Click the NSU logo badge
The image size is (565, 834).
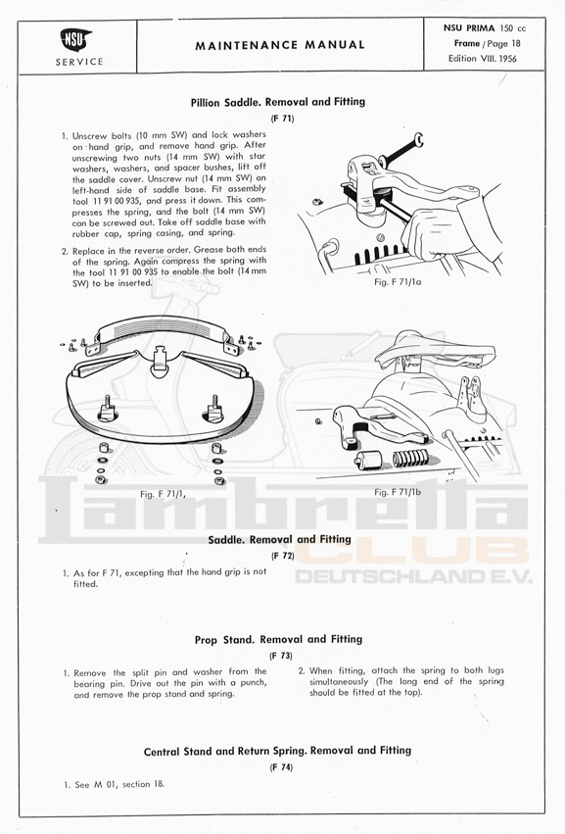point(75,40)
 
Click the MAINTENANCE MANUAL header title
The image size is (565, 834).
point(280,46)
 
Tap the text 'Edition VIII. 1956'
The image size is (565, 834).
point(482,59)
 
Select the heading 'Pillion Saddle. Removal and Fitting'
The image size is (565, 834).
point(278,102)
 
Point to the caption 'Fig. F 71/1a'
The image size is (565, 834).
point(398,282)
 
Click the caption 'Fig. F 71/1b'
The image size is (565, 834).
point(398,492)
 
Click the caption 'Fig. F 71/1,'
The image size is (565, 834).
point(163,494)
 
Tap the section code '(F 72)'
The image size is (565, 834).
point(282,556)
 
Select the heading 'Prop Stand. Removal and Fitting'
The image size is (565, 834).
point(278,639)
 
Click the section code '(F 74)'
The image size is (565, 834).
point(281,767)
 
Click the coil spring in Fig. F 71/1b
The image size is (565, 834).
point(410,458)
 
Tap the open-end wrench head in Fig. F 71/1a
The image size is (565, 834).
point(418,140)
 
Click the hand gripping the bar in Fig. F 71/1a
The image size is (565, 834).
point(436,232)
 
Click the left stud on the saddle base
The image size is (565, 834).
point(107,409)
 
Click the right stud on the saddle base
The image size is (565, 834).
point(214,409)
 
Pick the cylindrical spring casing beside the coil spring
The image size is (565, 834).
point(369,460)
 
